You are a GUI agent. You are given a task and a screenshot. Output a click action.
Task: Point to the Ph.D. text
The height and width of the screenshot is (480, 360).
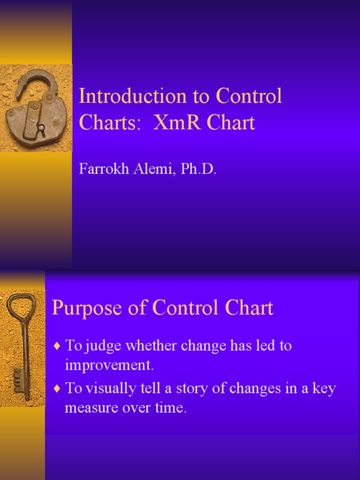click(x=200, y=169)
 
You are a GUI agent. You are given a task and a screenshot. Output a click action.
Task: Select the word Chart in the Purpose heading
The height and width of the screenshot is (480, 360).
click(x=249, y=308)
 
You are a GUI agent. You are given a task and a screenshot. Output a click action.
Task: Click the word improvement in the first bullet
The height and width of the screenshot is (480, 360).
click(x=109, y=365)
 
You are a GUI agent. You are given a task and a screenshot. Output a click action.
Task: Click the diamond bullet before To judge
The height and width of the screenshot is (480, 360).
click(x=57, y=346)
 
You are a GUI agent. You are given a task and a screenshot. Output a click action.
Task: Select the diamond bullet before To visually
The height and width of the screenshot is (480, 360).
click(x=57, y=389)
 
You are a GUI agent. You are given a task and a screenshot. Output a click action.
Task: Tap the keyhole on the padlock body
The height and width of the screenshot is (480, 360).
click(x=42, y=127)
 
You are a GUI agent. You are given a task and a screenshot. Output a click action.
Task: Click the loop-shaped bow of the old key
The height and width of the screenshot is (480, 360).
click(x=18, y=307)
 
